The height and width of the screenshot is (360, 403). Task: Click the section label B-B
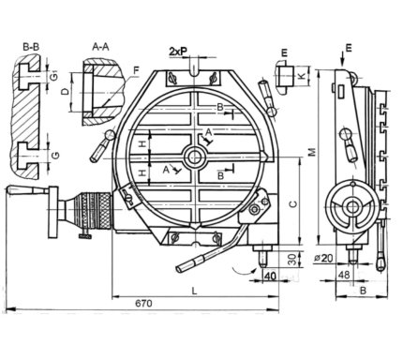pos(31,47)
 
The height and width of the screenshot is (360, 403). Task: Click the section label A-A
pos(100,47)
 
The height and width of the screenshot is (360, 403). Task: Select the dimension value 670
pos(143,303)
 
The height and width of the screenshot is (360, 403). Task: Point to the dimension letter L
pos(194,292)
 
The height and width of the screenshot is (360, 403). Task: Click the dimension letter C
pos(293,203)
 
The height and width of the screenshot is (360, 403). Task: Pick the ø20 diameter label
pos(323,258)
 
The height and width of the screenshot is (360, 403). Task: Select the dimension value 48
pos(344,275)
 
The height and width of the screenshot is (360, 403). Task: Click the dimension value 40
pos(271,276)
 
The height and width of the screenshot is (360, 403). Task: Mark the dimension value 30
pos(291,260)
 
